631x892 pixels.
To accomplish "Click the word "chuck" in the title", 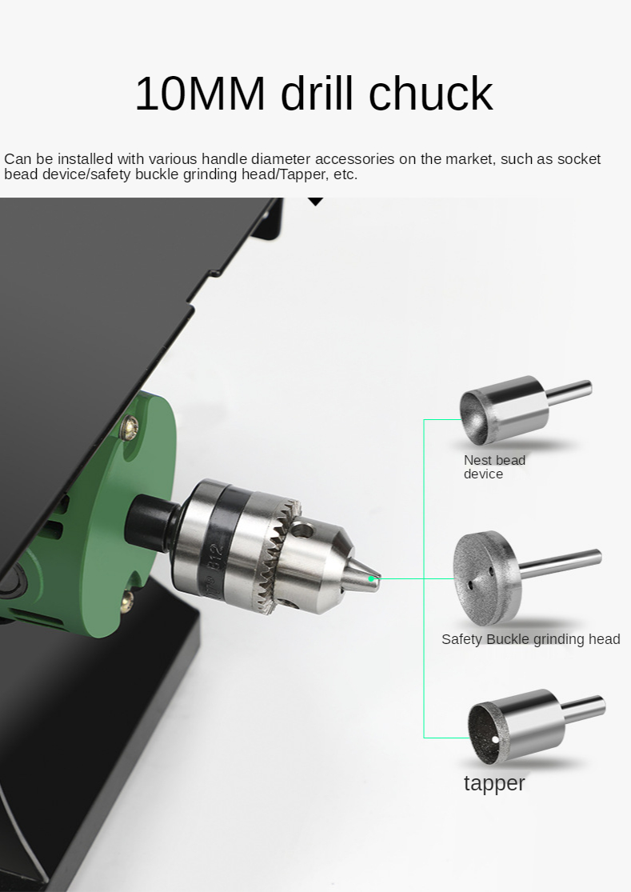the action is click(x=430, y=93).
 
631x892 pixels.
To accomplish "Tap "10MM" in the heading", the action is click(x=200, y=94).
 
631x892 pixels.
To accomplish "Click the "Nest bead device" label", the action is click(x=494, y=467).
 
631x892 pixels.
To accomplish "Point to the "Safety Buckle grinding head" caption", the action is click(x=530, y=639).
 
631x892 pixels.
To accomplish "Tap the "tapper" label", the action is click(x=494, y=783).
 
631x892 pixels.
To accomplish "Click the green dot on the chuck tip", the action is click(x=371, y=579).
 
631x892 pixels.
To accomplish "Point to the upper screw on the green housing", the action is click(x=130, y=426).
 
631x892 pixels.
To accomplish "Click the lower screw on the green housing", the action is click(x=128, y=601).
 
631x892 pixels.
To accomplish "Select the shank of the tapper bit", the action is click(x=584, y=709).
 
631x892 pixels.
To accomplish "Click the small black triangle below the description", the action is click(x=315, y=201).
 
